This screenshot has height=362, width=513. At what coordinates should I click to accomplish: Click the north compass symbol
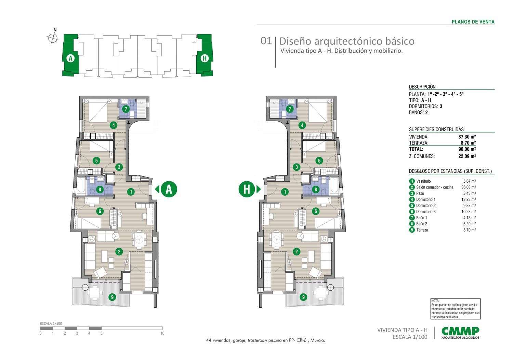(53, 37)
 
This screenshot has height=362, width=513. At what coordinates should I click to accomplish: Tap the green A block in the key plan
(71, 55)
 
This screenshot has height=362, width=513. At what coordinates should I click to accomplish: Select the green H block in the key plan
(205, 55)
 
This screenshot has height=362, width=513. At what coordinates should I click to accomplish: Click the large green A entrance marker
(169, 189)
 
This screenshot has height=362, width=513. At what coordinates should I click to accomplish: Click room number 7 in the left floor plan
(126, 109)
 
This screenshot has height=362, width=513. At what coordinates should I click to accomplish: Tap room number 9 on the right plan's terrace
(303, 297)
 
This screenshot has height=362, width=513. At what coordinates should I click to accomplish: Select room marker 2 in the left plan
(119, 252)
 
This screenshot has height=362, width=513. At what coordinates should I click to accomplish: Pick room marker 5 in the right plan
(319, 161)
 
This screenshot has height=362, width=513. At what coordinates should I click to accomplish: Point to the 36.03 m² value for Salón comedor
(469, 187)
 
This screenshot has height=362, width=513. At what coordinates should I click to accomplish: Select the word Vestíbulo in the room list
(423, 181)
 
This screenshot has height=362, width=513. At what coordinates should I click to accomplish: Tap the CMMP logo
(460, 333)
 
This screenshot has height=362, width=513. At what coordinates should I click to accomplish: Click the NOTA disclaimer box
(456, 309)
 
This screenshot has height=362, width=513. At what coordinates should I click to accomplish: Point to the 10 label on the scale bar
(162, 333)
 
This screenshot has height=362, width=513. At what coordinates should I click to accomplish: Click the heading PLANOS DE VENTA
(473, 22)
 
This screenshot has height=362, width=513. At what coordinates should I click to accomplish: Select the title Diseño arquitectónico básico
(347, 41)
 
